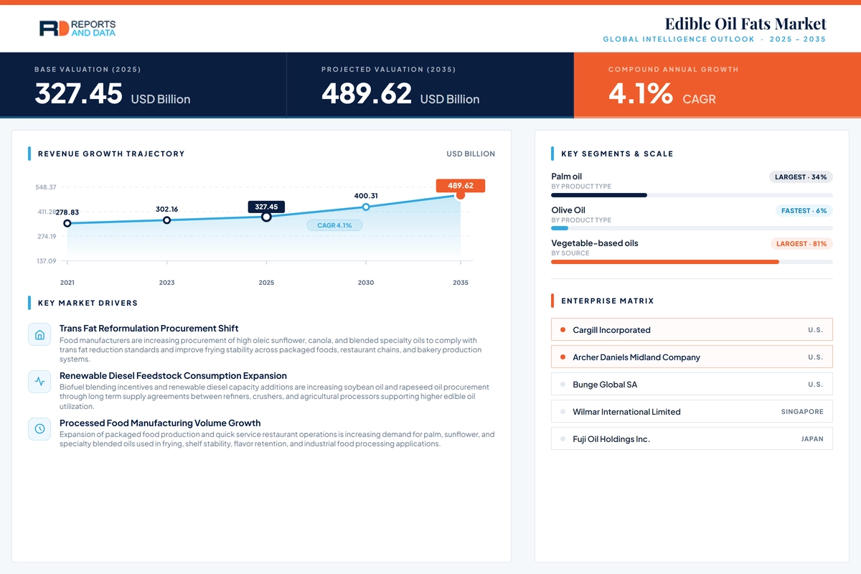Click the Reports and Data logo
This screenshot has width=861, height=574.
click(x=77, y=29)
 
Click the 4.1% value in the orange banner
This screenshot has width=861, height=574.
click(x=641, y=93)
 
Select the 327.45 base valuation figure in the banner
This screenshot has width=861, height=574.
click(x=78, y=93)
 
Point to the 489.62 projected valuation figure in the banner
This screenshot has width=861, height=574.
click(x=367, y=93)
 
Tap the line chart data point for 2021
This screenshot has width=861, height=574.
click(x=67, y=223)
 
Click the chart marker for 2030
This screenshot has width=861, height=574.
click(x=366, y=207)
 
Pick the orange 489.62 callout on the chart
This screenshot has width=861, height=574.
click(x=461, y=186)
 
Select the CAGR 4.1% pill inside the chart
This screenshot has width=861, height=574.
click(x=334, y=225)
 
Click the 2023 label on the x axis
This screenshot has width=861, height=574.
click(x=166, y=283)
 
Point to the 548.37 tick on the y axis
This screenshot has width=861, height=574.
click(x=46, y=187)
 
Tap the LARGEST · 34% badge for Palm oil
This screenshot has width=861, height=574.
click(x=801, y=177)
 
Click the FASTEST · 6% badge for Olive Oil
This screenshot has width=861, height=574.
click(x=804, y=211)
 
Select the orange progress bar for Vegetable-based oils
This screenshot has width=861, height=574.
click(x=665, y=262)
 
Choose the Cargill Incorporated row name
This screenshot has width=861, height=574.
click(x=611, y=330)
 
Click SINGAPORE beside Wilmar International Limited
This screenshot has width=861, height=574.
click(x=802, y=412)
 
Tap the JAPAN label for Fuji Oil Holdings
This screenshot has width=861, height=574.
click(x=812, y=439)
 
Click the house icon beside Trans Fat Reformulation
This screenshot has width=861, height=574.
click(x=39, y=334)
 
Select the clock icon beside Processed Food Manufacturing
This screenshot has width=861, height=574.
click(x=39, y=428)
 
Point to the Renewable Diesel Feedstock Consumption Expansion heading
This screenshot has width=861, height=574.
click(x=173, y=376)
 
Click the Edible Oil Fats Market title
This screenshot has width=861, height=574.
click(x=745, y=24)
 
